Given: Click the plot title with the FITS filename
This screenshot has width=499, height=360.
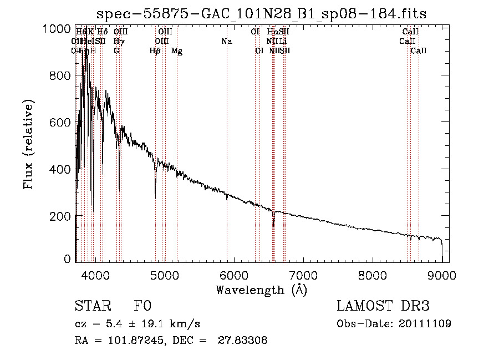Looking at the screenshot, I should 261,14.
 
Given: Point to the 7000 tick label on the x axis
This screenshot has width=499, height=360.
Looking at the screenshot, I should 303,275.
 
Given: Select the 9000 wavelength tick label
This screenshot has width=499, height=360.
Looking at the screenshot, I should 442,275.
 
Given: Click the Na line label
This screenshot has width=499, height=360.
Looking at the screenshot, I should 226,41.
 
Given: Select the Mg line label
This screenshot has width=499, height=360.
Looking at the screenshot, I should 177,51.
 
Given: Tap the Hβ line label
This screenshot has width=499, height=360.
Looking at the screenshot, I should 155,51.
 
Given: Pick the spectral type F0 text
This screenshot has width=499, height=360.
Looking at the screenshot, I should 142,306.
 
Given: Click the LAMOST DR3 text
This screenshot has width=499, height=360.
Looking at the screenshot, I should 383,306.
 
